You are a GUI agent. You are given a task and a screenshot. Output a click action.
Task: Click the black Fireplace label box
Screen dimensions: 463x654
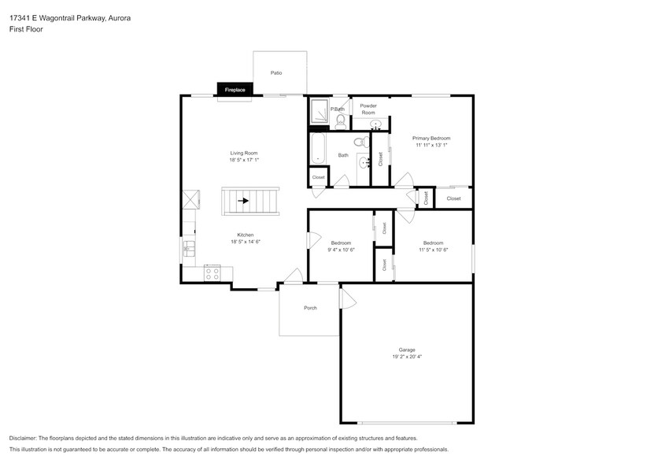click(x=235, y=90)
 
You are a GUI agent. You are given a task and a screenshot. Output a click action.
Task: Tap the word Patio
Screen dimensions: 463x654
click(x=276, y=72)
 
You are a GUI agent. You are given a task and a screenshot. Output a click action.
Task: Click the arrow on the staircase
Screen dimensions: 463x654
click(x=244, y=201)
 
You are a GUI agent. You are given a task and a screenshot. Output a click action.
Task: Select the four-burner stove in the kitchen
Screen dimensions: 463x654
click(x=212, y=273)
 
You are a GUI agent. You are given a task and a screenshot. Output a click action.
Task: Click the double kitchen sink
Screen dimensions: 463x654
click(x=189, y=250)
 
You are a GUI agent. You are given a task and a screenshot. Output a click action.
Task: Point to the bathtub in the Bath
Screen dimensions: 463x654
click(x=318, y=149)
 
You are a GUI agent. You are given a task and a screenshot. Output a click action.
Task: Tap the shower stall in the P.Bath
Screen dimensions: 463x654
click(x=319, y=112)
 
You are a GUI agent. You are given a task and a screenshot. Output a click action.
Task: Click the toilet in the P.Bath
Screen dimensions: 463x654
click(x=341, y=120)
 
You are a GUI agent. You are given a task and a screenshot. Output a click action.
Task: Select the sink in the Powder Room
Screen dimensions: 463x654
click(x=376, y=124)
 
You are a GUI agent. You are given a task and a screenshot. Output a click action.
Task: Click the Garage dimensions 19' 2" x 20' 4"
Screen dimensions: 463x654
click(x=406, y=357)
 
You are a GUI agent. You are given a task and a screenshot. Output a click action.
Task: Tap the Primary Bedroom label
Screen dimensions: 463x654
click(x=430, y=138)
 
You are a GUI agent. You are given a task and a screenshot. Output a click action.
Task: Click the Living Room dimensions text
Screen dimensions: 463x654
click(x=244, y=160)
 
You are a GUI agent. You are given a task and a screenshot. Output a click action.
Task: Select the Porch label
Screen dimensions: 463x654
click(x=310, y=308)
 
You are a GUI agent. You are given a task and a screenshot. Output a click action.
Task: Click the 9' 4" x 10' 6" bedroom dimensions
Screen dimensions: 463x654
click(x=341, y=250)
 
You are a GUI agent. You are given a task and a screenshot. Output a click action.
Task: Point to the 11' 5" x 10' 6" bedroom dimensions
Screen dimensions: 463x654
click(x=433, y=250)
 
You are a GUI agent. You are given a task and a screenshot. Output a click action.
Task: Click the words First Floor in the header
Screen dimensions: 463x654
click(x=27, y=28)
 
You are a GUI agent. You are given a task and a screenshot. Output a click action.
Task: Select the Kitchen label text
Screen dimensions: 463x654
click(x=246, y=235)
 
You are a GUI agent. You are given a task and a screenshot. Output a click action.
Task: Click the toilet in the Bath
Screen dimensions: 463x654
click(x=359, y=143)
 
